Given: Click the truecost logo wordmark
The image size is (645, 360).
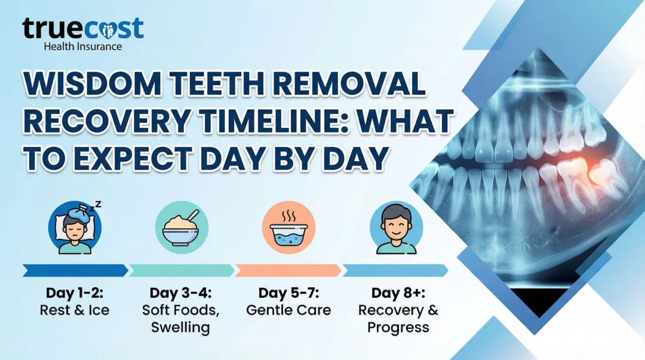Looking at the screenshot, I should point(83,28).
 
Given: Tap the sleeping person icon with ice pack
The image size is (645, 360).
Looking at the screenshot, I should point(75,228).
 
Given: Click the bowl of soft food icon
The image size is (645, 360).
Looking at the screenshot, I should point(182,228).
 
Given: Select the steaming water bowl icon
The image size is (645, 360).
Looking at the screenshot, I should point(288,228).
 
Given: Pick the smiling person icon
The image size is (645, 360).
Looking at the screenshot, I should point(396,228).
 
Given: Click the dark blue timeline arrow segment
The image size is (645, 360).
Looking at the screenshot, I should point(75,270).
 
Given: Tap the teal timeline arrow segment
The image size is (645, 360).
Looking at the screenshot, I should point(182,270).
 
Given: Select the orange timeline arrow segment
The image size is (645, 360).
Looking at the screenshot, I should point(288,270).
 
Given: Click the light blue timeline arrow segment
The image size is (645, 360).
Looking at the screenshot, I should point(395,270).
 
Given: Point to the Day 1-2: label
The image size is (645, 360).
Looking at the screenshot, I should point(75,293).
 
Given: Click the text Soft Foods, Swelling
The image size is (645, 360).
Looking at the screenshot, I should point(180,319).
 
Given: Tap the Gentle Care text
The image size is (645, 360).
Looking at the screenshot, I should point(288,310).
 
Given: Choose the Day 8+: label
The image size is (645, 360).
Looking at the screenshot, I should point(398,293).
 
